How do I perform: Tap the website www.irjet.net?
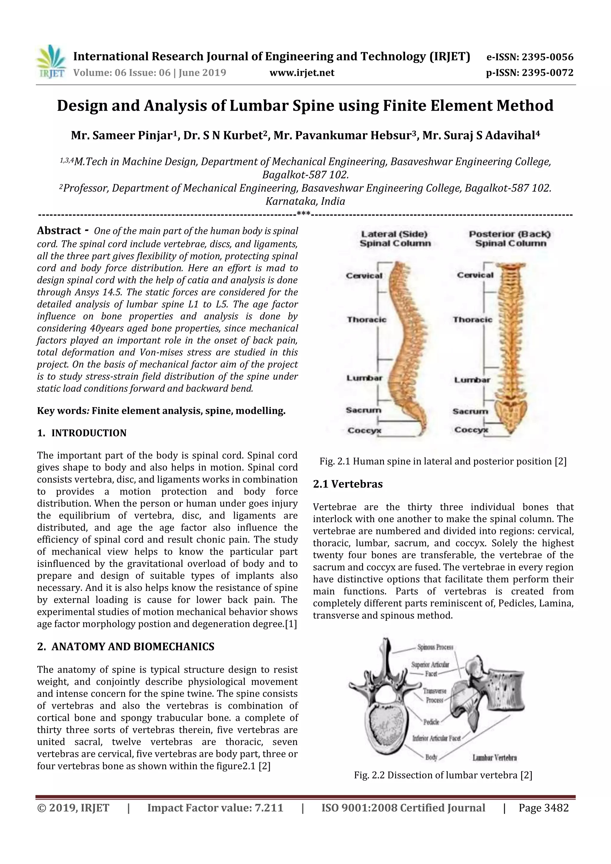point(302,72)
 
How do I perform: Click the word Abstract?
point(59,231)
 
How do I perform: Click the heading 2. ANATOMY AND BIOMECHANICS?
point(126,647)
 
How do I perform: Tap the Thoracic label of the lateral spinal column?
point(366,320)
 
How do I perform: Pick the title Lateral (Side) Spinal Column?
point(395,239)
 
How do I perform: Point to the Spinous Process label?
point(435,647)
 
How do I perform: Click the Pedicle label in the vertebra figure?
point(431,722)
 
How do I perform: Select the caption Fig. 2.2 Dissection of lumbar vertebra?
point(443,775)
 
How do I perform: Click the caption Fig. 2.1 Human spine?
point(443,461)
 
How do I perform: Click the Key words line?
point(161,411)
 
